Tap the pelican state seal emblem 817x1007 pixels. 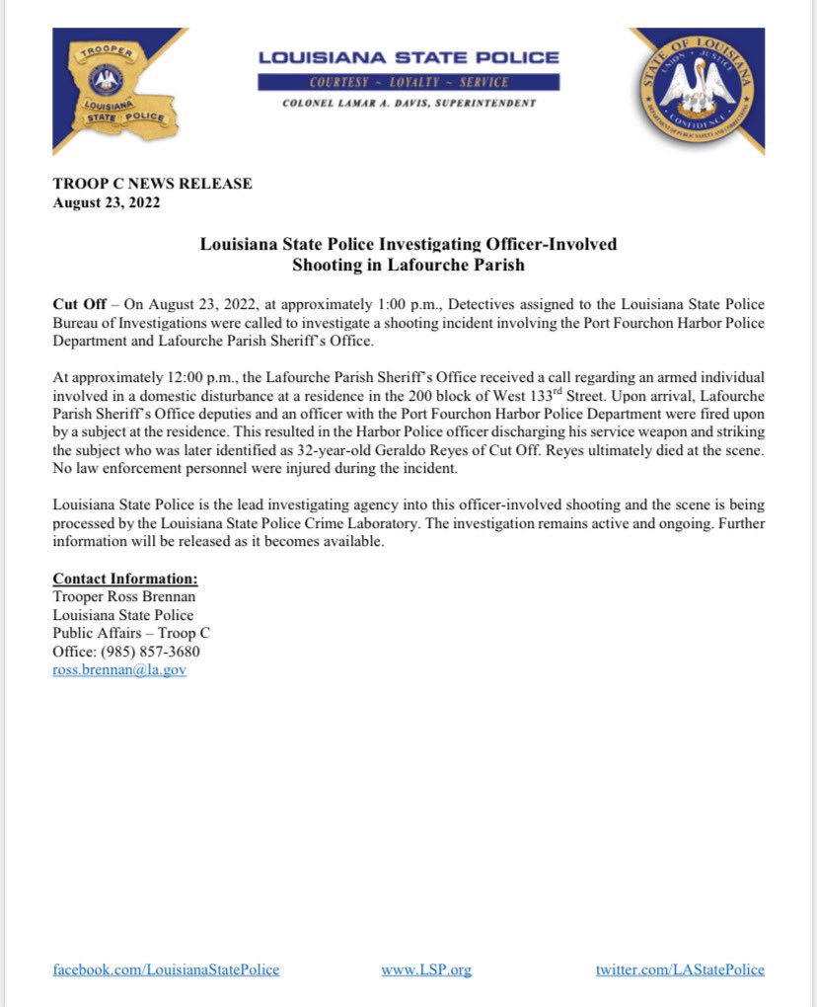(696, 91)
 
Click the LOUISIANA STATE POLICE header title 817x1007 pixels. (408, 58)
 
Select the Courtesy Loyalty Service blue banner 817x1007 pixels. (408, 82)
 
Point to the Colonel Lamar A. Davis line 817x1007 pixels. (408, 104)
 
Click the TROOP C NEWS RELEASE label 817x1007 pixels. (152, 184)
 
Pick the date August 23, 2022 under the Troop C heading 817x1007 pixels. (106, 203)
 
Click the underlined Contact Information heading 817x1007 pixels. (125, 580)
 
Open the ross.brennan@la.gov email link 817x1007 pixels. (119, 669)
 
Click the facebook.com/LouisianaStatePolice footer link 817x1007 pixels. (166, 969)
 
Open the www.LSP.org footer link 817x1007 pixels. (426, 969)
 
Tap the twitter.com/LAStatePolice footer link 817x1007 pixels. (680, 969)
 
